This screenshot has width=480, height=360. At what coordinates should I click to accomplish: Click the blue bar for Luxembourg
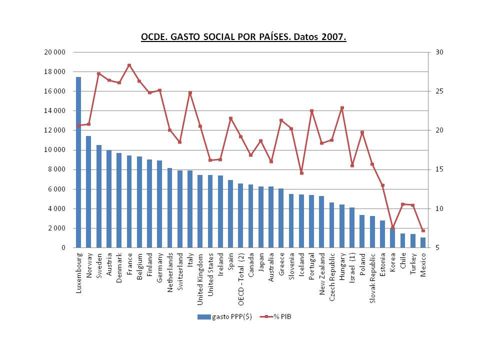pos(78,162)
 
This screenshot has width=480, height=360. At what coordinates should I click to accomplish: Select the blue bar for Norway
pos(88,192)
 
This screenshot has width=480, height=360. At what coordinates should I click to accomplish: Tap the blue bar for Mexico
pos(423,242)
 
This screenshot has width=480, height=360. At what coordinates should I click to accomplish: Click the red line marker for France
pos(129,65)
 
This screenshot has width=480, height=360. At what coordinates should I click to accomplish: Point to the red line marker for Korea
pos(392,227)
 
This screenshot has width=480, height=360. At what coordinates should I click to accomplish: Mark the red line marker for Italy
pos(190,92)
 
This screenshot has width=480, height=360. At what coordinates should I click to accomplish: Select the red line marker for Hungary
pos(342,108)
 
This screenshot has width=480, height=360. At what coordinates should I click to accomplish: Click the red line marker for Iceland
pos(301,173)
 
